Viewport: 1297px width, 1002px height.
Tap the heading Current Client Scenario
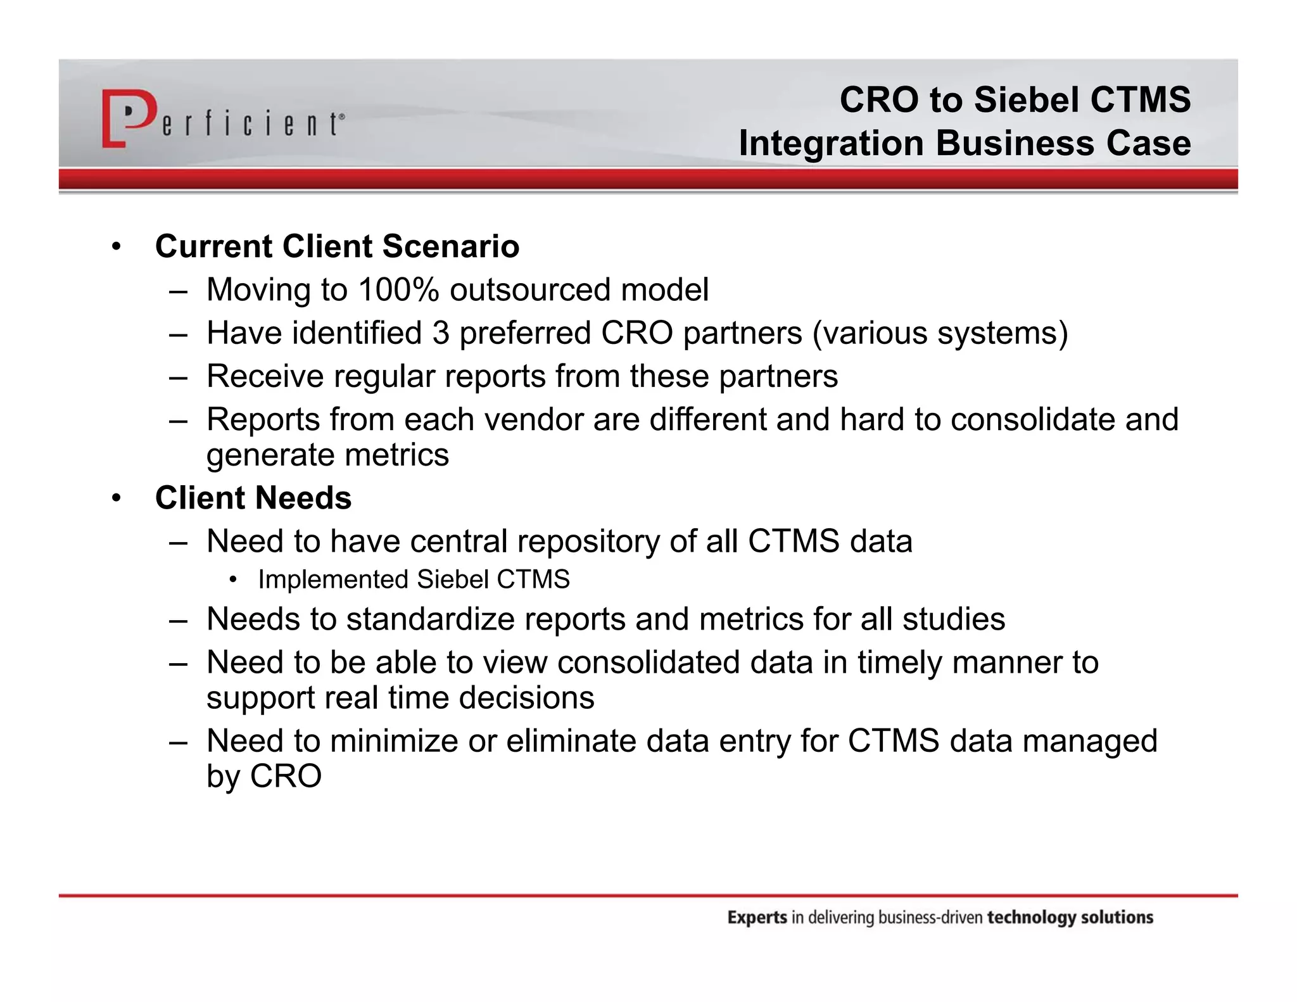[x=337, y=246]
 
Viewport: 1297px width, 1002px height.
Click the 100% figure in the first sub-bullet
[x=398, y=290]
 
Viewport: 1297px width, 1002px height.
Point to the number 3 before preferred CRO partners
[x=441, y=333]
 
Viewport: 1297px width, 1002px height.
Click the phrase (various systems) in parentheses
[x=940, y=333]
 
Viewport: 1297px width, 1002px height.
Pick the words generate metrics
[x=327, y=455]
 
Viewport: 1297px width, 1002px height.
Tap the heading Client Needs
[x=253, y=498]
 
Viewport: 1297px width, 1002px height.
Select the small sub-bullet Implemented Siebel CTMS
[x=414, y=580]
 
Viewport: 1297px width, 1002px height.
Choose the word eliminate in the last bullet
[x=571, y=741]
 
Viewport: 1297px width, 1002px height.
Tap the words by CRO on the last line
[x=264, y=777]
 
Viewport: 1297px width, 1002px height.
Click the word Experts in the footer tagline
[x=757, y=918]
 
